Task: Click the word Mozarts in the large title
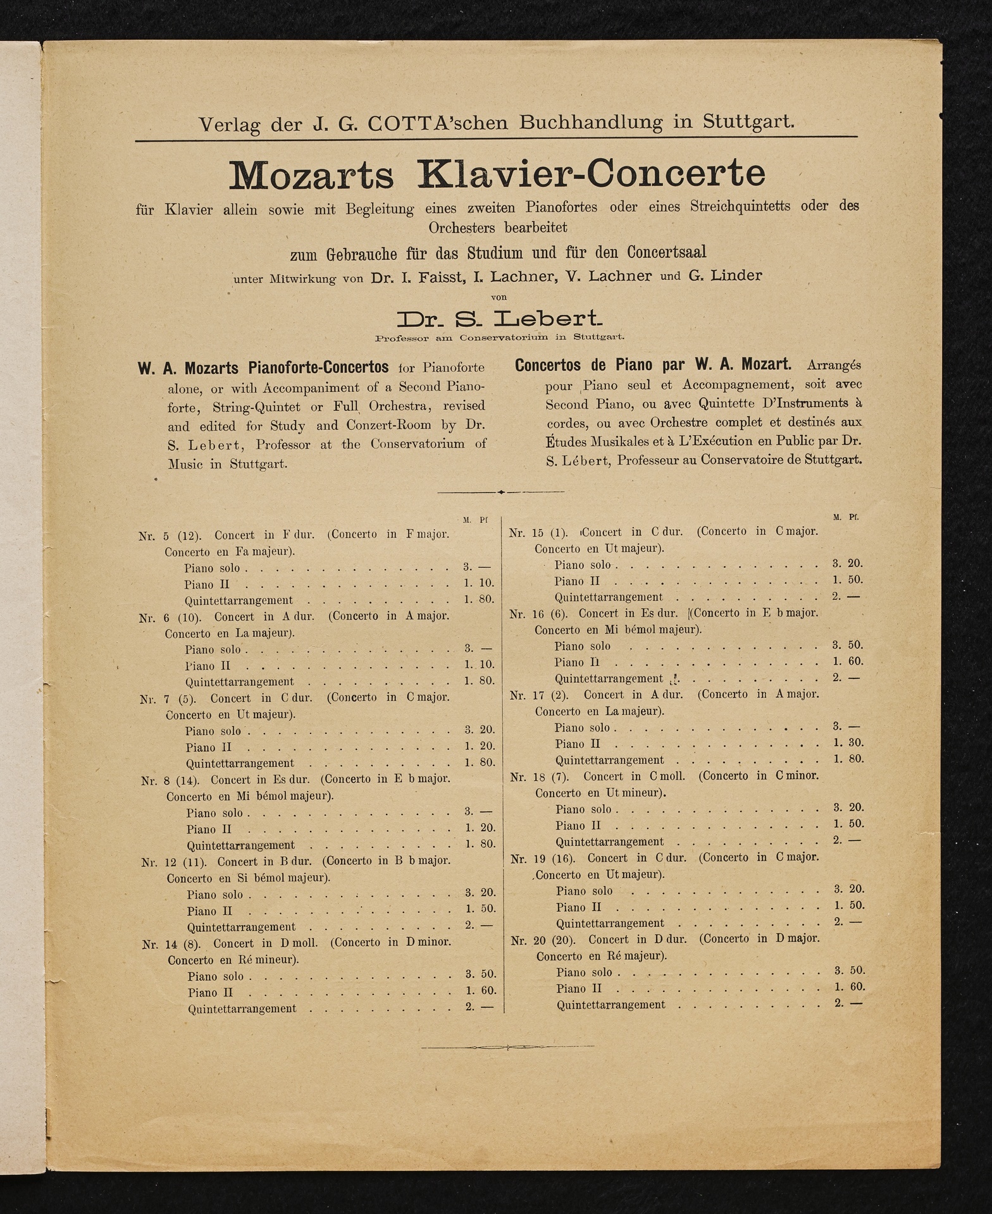coord(311,175)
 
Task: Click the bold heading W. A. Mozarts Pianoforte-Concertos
coord(263,367)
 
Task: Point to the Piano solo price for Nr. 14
coord(480,974)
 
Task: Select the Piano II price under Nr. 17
coord(848,743)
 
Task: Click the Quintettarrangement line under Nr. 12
coord(241,927)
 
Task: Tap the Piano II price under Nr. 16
coord(848,661)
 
